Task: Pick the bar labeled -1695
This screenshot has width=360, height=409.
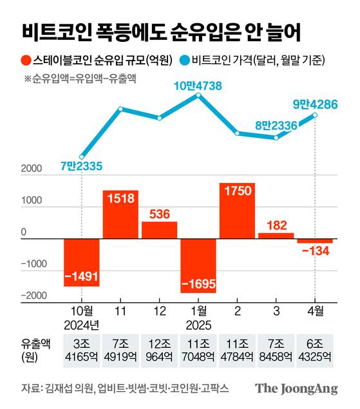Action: (x=198, y=265)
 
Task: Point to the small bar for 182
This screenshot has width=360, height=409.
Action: (x=276, y=236)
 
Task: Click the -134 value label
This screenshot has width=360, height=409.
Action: (x=315, y=251)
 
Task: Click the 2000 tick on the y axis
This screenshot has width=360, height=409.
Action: (x=32, y=170)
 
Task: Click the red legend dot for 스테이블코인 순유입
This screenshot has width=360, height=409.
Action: (x=24, y=61)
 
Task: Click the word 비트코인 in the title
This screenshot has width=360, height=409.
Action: (x=53, y=31)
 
